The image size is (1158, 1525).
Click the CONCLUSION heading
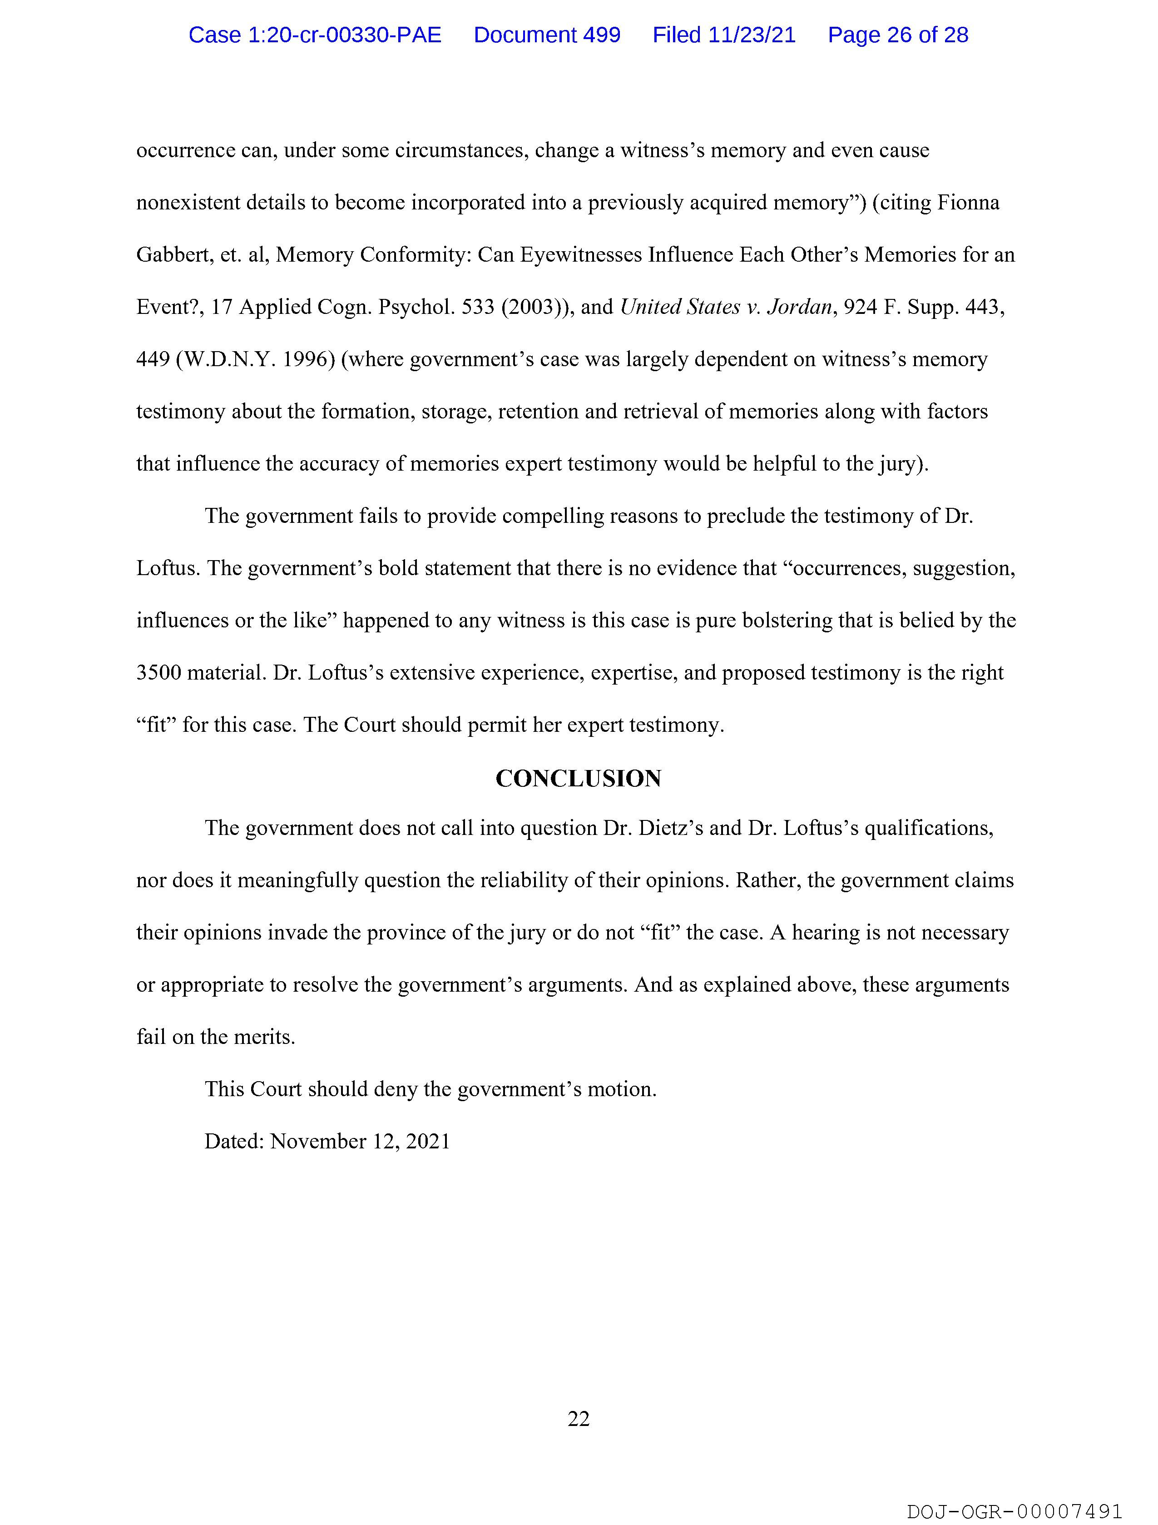tap(578, 779)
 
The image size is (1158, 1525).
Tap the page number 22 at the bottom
tap(578, 1418)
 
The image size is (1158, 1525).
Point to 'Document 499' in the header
tap(547, 35)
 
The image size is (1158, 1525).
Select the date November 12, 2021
tap(360, 1142)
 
